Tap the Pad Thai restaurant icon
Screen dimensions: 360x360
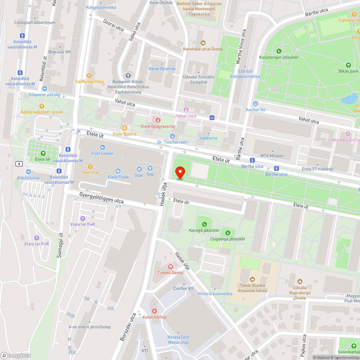(x=90, y=167)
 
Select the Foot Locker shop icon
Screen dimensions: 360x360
(x=103, y=147)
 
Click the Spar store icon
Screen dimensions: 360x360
(x=139, y=169)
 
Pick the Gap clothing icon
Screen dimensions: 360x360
(x=150, y=168)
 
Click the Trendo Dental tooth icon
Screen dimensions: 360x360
(x=170, y=267)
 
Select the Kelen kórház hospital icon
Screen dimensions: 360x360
(x=154, y=311)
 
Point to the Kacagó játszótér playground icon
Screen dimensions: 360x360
(x=204, y=224)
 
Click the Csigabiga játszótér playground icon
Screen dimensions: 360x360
(x=228, y=233)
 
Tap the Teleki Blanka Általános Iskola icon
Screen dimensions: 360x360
(x=252, y=279)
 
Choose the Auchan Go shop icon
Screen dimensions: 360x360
(x=255, y=104)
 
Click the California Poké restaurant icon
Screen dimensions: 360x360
(x=89, y=76)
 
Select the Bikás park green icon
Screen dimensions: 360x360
(x=348, y=65)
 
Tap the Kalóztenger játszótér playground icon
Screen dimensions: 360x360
(x=279, y=51)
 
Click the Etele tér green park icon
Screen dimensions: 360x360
(x=43, y=153)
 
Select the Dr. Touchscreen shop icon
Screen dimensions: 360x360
(x=172, y=136)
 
